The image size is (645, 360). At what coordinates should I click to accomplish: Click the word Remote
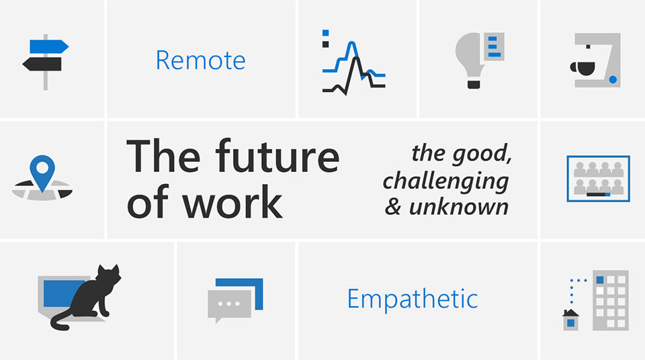pos(200,60)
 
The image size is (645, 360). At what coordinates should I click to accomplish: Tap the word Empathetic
pos(412,299)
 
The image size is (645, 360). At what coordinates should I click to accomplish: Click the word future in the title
pos(277,156)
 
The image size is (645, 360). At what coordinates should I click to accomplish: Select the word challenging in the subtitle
pos(446,181)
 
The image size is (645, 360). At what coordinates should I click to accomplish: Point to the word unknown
pos(459,207)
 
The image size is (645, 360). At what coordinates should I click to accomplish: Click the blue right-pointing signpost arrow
pos(49,46)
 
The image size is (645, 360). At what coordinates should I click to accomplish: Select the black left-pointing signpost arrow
pos(42,64)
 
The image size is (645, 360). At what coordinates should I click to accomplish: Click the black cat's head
pos(109,275)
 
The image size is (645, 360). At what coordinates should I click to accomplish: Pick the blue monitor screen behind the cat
pos(61,294)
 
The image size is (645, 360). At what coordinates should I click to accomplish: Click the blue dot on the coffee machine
pos(613,80)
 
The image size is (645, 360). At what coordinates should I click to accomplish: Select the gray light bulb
pos(469,56)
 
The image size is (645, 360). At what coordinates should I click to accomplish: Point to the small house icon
pos(570,320)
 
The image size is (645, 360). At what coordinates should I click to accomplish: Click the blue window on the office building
pos(600,280)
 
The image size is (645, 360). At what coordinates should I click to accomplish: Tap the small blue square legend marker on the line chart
pos(325,33)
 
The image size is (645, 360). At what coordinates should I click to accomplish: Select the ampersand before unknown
pos(393,207)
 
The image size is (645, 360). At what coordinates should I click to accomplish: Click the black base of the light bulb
pos(474,85)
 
